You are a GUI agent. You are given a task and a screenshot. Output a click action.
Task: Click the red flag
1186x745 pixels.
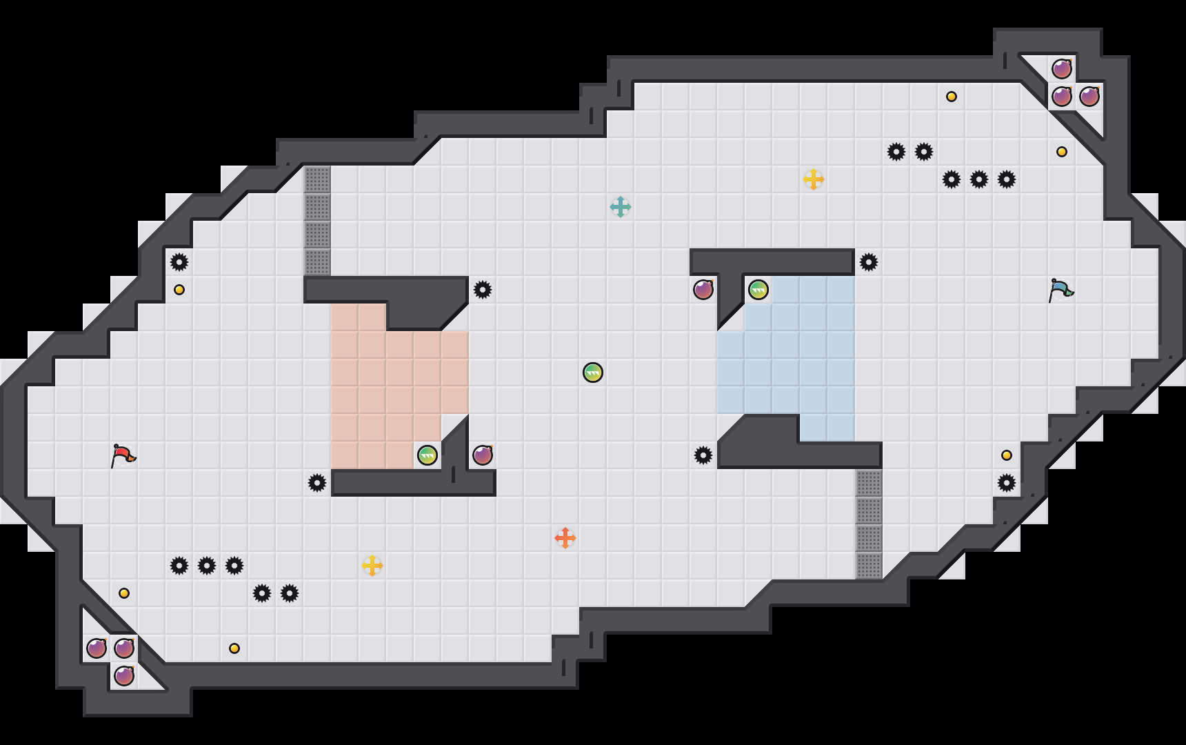pyautogui.click(x=123, y=455)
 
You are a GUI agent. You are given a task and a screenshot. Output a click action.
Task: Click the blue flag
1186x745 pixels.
pyautogui.click(x=1061, y=290)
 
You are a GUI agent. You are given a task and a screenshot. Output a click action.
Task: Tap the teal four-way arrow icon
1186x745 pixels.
pyautogui.click(x=621, y=207)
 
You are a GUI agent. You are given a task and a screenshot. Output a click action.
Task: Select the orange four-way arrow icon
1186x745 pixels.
pyautogui.click(x=565, y=538)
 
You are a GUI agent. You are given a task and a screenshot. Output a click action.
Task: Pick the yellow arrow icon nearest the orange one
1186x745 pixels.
pyautogui.click(x=372, y=566)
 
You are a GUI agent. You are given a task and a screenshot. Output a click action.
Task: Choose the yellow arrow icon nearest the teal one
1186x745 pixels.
pyautogui.click(x=814, y=179)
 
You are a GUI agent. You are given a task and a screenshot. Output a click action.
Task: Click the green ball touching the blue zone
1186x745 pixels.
pyautogui.click(x=758, y=290)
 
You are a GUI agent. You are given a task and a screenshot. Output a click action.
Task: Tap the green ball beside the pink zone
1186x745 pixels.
pyautogui.click(x=428, y=455)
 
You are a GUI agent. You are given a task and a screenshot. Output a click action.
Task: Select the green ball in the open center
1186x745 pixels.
pyautogui.click(x=593, y=372)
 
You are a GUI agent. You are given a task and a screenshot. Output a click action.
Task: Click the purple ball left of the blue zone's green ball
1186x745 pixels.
pyautogui.click(x=703, y=290)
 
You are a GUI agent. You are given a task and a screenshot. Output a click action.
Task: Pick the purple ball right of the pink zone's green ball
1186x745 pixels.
pyautogui.click(x=483, y=455)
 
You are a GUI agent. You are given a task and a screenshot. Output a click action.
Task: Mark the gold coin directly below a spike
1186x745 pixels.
pyautogui.click(x=179, y=290)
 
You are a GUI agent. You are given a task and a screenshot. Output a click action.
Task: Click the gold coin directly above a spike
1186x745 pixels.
pyautogui.click(x=1007, y=455)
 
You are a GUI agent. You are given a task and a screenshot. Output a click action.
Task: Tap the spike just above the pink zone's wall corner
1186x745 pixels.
pyautogui.click(x=483, y=290)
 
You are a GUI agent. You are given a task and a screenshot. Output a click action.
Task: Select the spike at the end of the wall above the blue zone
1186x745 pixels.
pyautogui.click(x=869, y=262)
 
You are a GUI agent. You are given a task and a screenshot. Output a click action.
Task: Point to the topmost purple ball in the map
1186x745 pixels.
pyautogui.click(x=1062, y=69)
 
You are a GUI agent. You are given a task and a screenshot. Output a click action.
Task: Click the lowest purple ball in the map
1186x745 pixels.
pyautogui.click(x=124, y=676)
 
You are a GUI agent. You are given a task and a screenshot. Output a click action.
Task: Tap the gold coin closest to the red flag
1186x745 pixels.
pyautogui.click(x=124, y=593)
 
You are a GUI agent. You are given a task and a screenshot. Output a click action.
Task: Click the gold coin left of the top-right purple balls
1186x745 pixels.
pyautogui.click(x=952, y=97)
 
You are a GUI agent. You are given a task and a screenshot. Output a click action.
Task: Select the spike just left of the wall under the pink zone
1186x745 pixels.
pyautogui.click(x=317, y=483)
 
